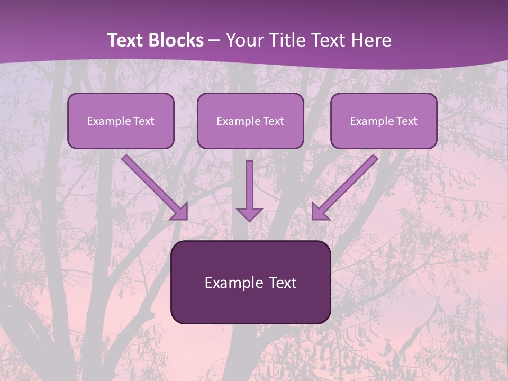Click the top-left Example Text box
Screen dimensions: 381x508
[x=121, y=121]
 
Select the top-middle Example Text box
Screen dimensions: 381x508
[x=250, y=121]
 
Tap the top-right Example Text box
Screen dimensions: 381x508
[x=384, y=121]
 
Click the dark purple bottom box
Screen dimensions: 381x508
[x=250, y=282]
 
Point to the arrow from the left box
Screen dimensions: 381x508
[x=153, y=186]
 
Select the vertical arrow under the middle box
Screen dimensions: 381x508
[x=249, y=190]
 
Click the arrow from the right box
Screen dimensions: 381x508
[x=347, y=186]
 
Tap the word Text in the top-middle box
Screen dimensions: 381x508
[x=274, y=121]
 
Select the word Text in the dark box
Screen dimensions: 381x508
[x=283, y=283]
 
